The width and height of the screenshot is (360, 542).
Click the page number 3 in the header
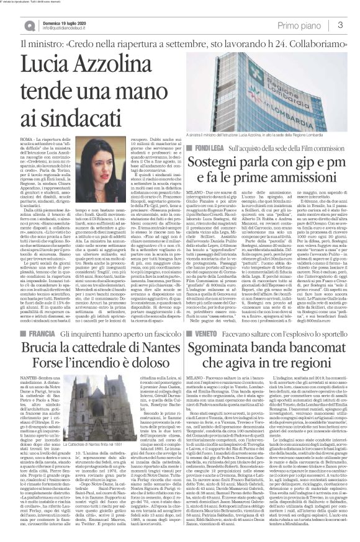point(341,24)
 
